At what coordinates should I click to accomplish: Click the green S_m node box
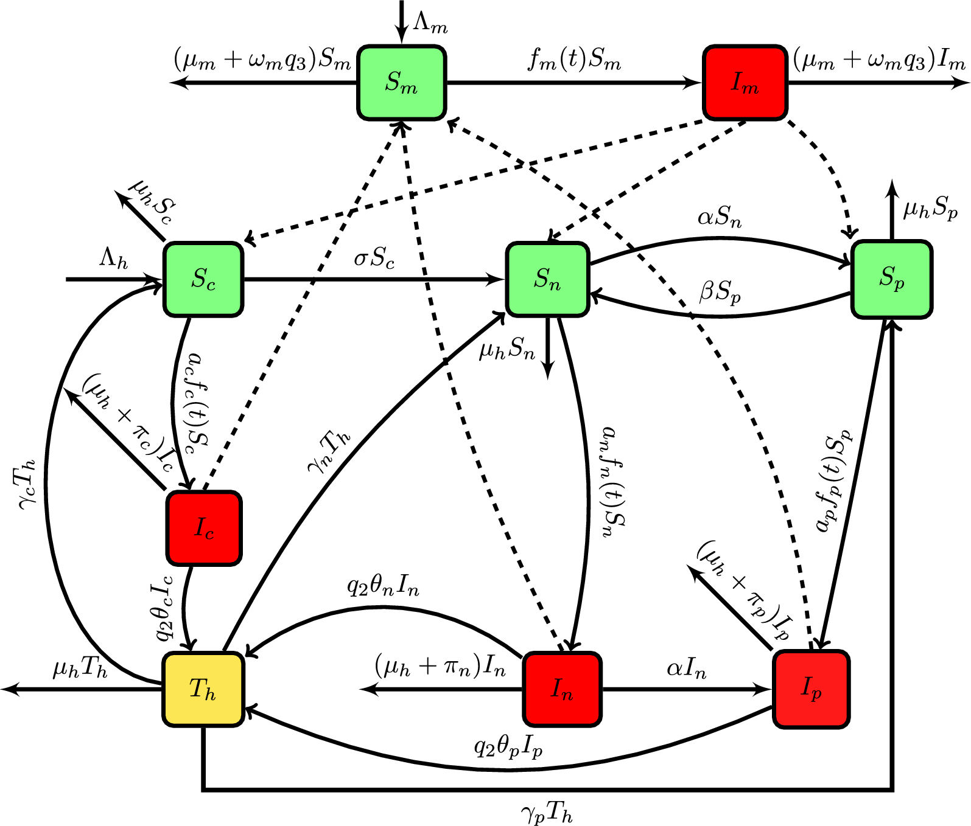tap(401, 82)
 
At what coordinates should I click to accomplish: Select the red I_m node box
tap(745, 82)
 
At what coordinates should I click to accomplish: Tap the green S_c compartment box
tap(203, 279)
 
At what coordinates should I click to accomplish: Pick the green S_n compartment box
tap(547, 279)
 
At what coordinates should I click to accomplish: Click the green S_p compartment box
tap(891, 279)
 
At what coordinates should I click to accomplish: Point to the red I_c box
tap(204, 528)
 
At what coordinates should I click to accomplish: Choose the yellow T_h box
tap(203, 689)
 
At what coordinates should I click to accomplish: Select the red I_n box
tap(562, 689)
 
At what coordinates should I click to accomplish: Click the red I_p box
tap(811, 689)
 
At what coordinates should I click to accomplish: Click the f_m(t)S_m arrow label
tap(574, 60)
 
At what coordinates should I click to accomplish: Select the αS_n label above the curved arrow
tap(719, 217)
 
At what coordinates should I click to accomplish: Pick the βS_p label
tap(720, 292)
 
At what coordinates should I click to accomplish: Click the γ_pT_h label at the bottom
tap(546, 812)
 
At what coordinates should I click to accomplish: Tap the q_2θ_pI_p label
tap(508, 747)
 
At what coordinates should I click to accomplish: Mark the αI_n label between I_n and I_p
tap(686, 668)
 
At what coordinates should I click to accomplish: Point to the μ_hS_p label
tap(930, 209)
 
